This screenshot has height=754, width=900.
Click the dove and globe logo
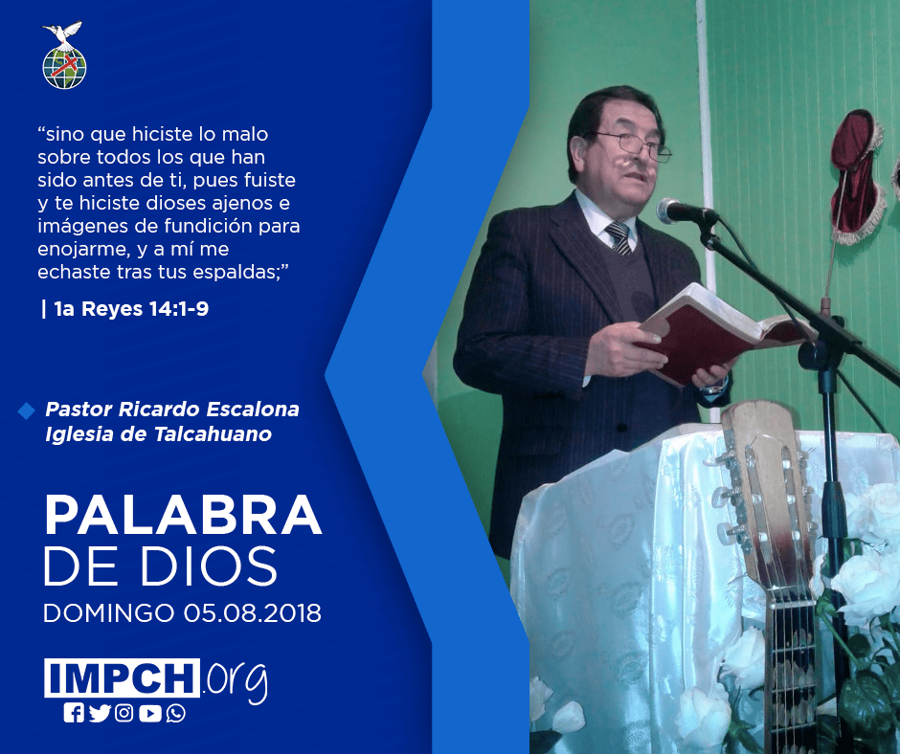pyautogui.click(x=64, y=55)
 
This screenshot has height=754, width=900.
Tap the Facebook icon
pyautogui.click(x=74, y=713)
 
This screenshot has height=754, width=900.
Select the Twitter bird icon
pyautogui.click(x=100, y=713)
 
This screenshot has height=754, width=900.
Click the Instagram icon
pyautogui.click(x=124, y=713)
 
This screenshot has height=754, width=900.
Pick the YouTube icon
pyautogui.click(x=149, y=713)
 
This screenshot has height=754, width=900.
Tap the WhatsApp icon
pyautogui.click(x=175, y=713)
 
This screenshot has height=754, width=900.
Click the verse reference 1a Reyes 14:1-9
pyautogui.click(x=131, y=309)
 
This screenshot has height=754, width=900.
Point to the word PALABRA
pyautogui.click(x=183, y=515)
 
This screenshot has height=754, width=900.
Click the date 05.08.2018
pyautogui.click(x=253, y=612)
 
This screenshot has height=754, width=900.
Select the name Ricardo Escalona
pyautogui.click(x=209, y=410)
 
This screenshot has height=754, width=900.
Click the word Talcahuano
pyautogui.click(x=213, y=433)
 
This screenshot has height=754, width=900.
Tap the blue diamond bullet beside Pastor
pyautogui.click(x=27, y=410)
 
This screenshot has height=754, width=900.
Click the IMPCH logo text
pyautogui.click(x=122, y=677)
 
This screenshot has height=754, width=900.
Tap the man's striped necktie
pyautogui.click(x=619, y=237)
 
